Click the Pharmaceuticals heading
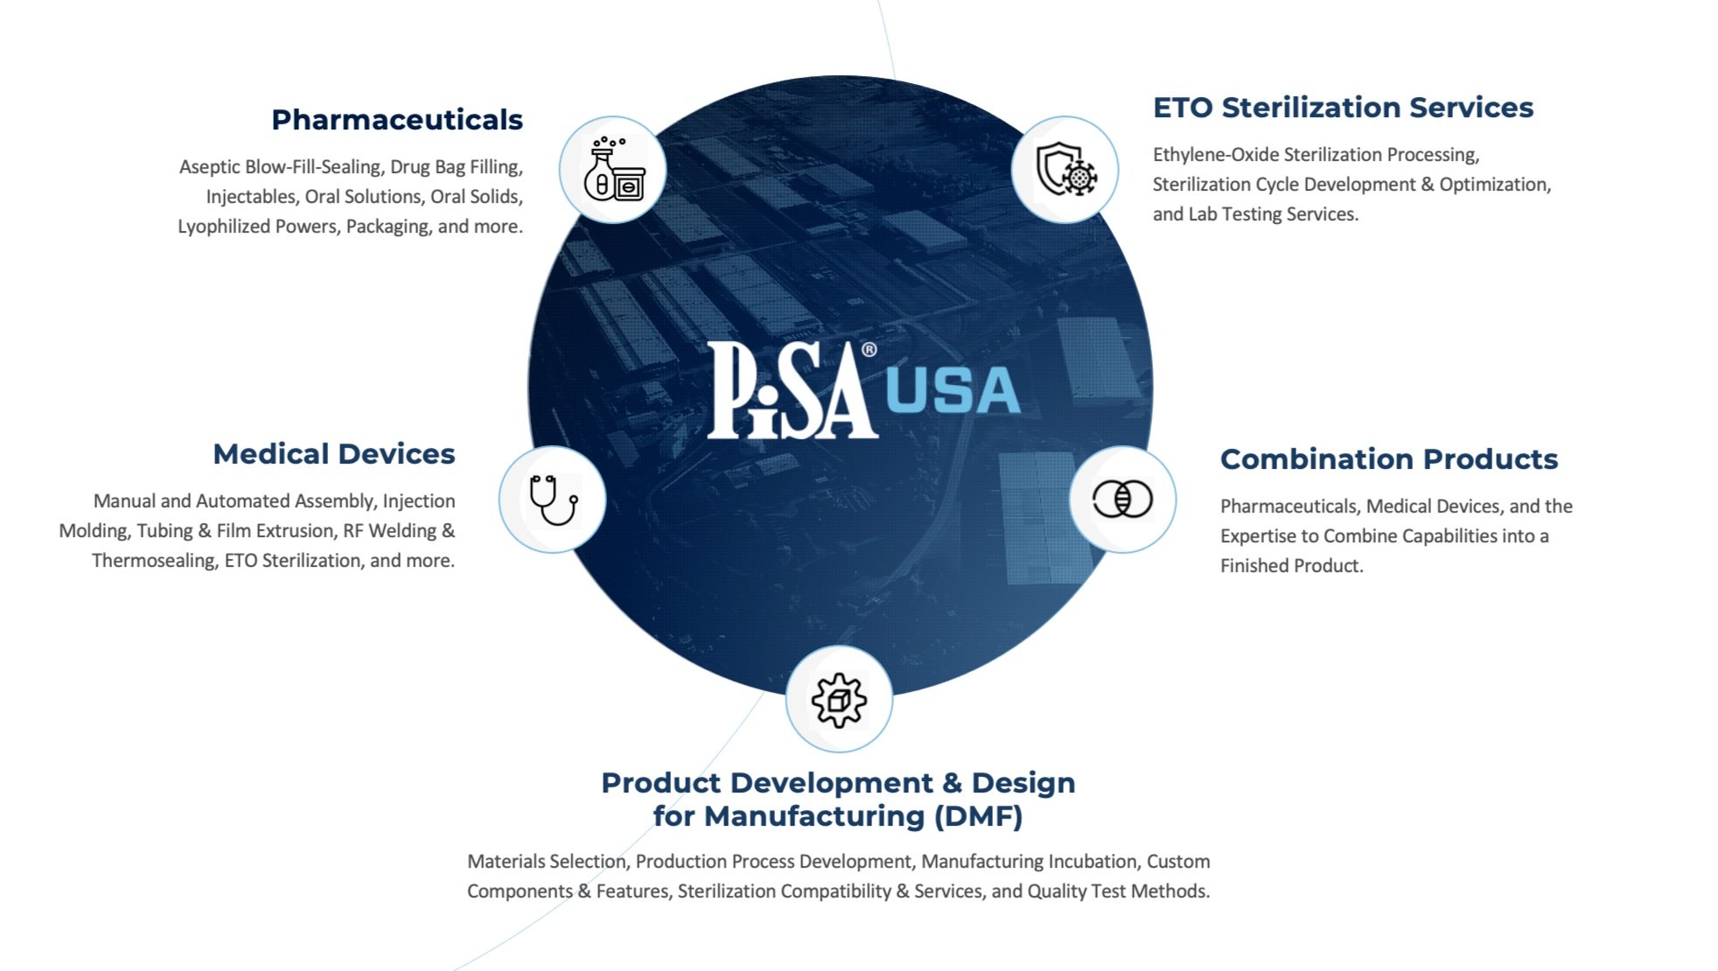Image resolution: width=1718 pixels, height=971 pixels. click(x=396, y=120)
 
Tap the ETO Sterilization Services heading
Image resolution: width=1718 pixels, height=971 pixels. click(x=1343, y=108)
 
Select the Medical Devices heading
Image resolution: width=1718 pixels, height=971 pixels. click(x=333, y=454)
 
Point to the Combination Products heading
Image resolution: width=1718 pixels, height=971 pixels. click(x=1388, y=459)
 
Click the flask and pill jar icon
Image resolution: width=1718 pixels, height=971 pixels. click(x=613, y=170)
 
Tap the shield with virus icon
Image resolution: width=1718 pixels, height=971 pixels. click(x=1065, y=170)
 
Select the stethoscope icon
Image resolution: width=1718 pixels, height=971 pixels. click(x=553, y=499)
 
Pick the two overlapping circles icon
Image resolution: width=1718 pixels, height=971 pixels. click(x=1122, y=499)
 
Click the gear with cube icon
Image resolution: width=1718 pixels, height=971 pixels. click(x=839, y=700)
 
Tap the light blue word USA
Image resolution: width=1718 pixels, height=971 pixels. click(x=953, y=391)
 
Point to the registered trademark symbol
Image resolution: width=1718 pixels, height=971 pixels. click(x=869, y=350)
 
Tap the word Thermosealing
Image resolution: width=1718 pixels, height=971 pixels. click(x=154, y=561)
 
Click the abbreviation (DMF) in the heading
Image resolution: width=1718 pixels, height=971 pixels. click(x=978, y=816)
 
